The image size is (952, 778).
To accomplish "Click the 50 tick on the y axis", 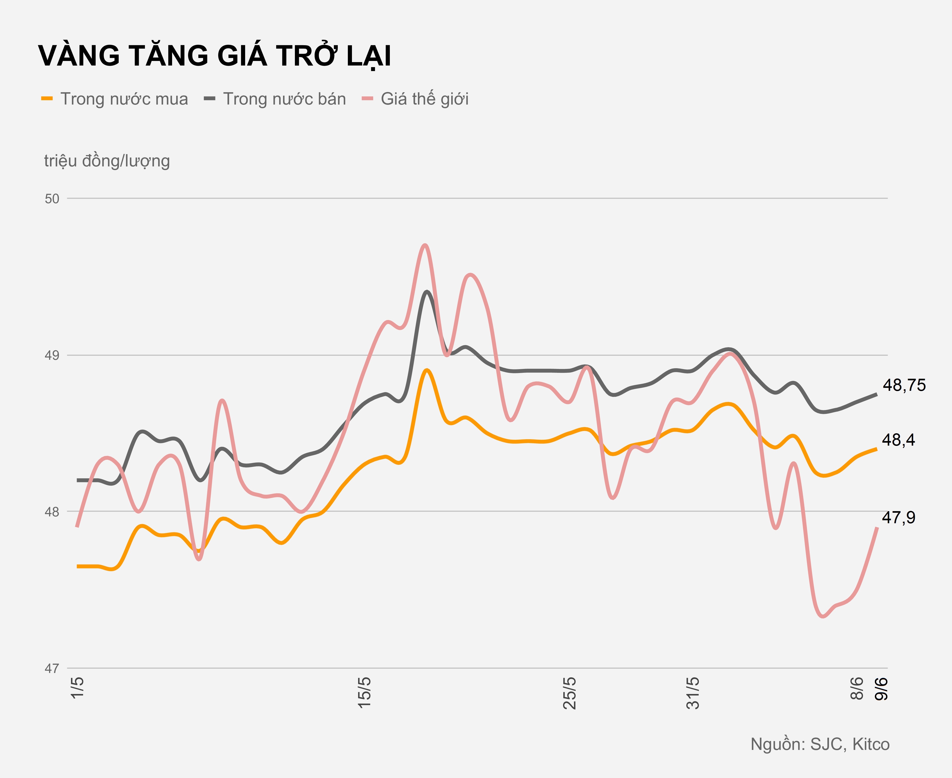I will coord(52,199).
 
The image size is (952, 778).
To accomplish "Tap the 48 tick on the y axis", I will coord(52,512).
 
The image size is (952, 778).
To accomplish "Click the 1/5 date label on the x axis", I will coord(78,688).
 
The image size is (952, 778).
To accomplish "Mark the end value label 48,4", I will coord(898,440).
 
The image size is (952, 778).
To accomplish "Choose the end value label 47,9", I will coord(898,518).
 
